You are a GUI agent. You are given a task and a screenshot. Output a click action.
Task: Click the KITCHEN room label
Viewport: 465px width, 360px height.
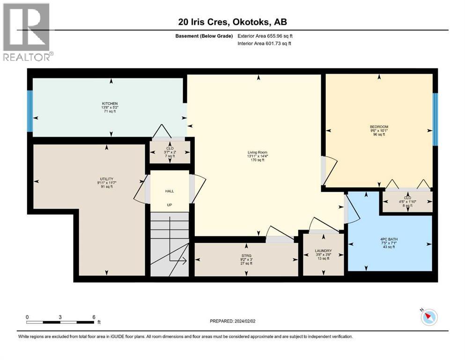pyautogui.click(x=110, y=104)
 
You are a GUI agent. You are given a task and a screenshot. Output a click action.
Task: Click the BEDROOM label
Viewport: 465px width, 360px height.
pyautogui.click(x=378, y=127)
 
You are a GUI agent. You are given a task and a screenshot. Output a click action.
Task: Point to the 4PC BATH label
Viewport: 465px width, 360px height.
pyautogui.click(x=389, y=239)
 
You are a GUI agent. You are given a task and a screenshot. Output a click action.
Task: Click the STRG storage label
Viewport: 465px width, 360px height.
pyautogui.click(x=246, y=255)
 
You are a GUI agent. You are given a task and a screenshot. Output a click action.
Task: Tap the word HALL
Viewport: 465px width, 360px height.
pyautogui.click(x=169, y=191)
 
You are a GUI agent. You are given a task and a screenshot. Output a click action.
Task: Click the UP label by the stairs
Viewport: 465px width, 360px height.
pyautogui.click(x=169, y=205)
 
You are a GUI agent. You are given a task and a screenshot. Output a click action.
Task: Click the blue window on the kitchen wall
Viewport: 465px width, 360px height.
pyautogui.click(x=30, y=111)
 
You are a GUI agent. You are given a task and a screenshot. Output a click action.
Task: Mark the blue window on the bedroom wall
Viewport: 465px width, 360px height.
pyautogui.click(x=435, y=119)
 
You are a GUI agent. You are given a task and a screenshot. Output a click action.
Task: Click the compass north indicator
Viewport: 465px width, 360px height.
pyautogui.click(x=428, y=317)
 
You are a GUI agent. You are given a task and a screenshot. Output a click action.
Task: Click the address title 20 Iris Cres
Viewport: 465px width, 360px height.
pyautogui.click(x=232, y=21)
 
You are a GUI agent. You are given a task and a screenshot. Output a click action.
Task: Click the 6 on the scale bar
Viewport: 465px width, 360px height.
pyautogui.click(x=94, y=317)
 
